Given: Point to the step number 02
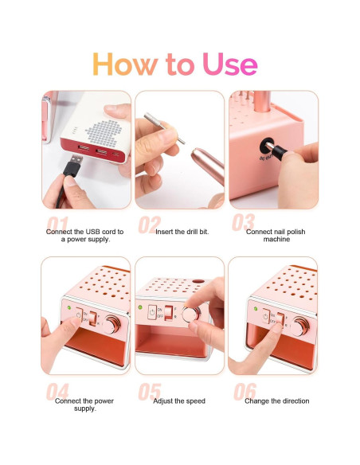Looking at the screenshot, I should (149, 225).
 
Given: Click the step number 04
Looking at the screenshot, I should (58, 393).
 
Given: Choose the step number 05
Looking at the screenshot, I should (149, 393).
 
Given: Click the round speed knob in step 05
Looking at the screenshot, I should (191, 315).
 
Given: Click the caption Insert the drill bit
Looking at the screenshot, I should (179, 231).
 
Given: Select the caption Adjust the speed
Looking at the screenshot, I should (179, 401).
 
